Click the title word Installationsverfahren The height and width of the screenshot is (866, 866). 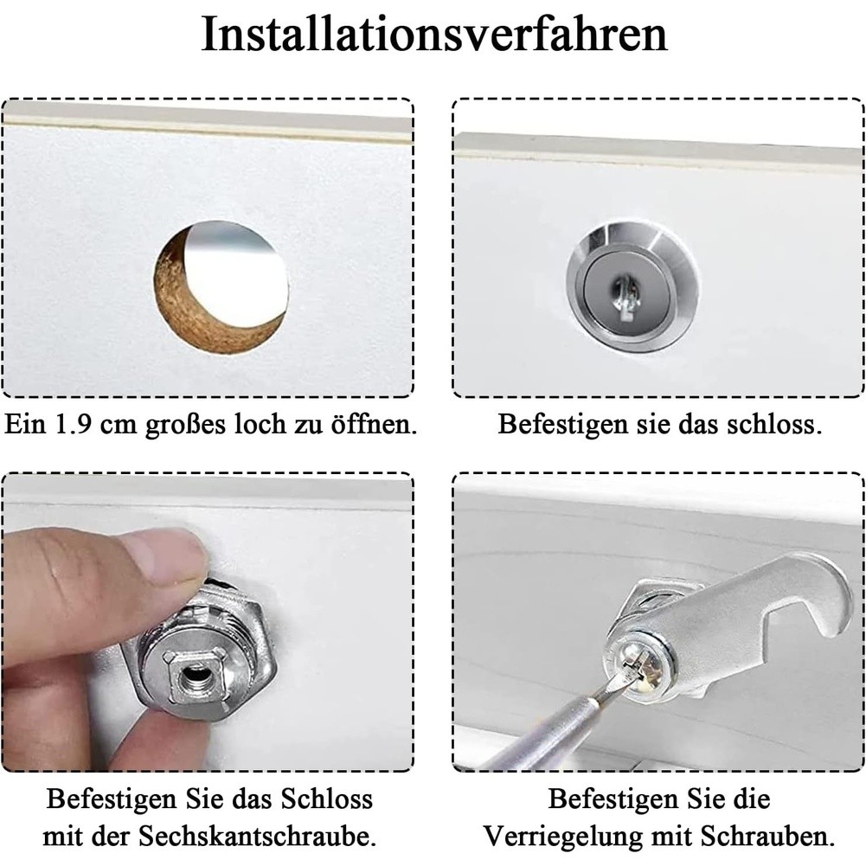tap(434, 35)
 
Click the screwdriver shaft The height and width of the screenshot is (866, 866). tap(552, 729)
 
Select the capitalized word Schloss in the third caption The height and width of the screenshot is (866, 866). tap(327, 799)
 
